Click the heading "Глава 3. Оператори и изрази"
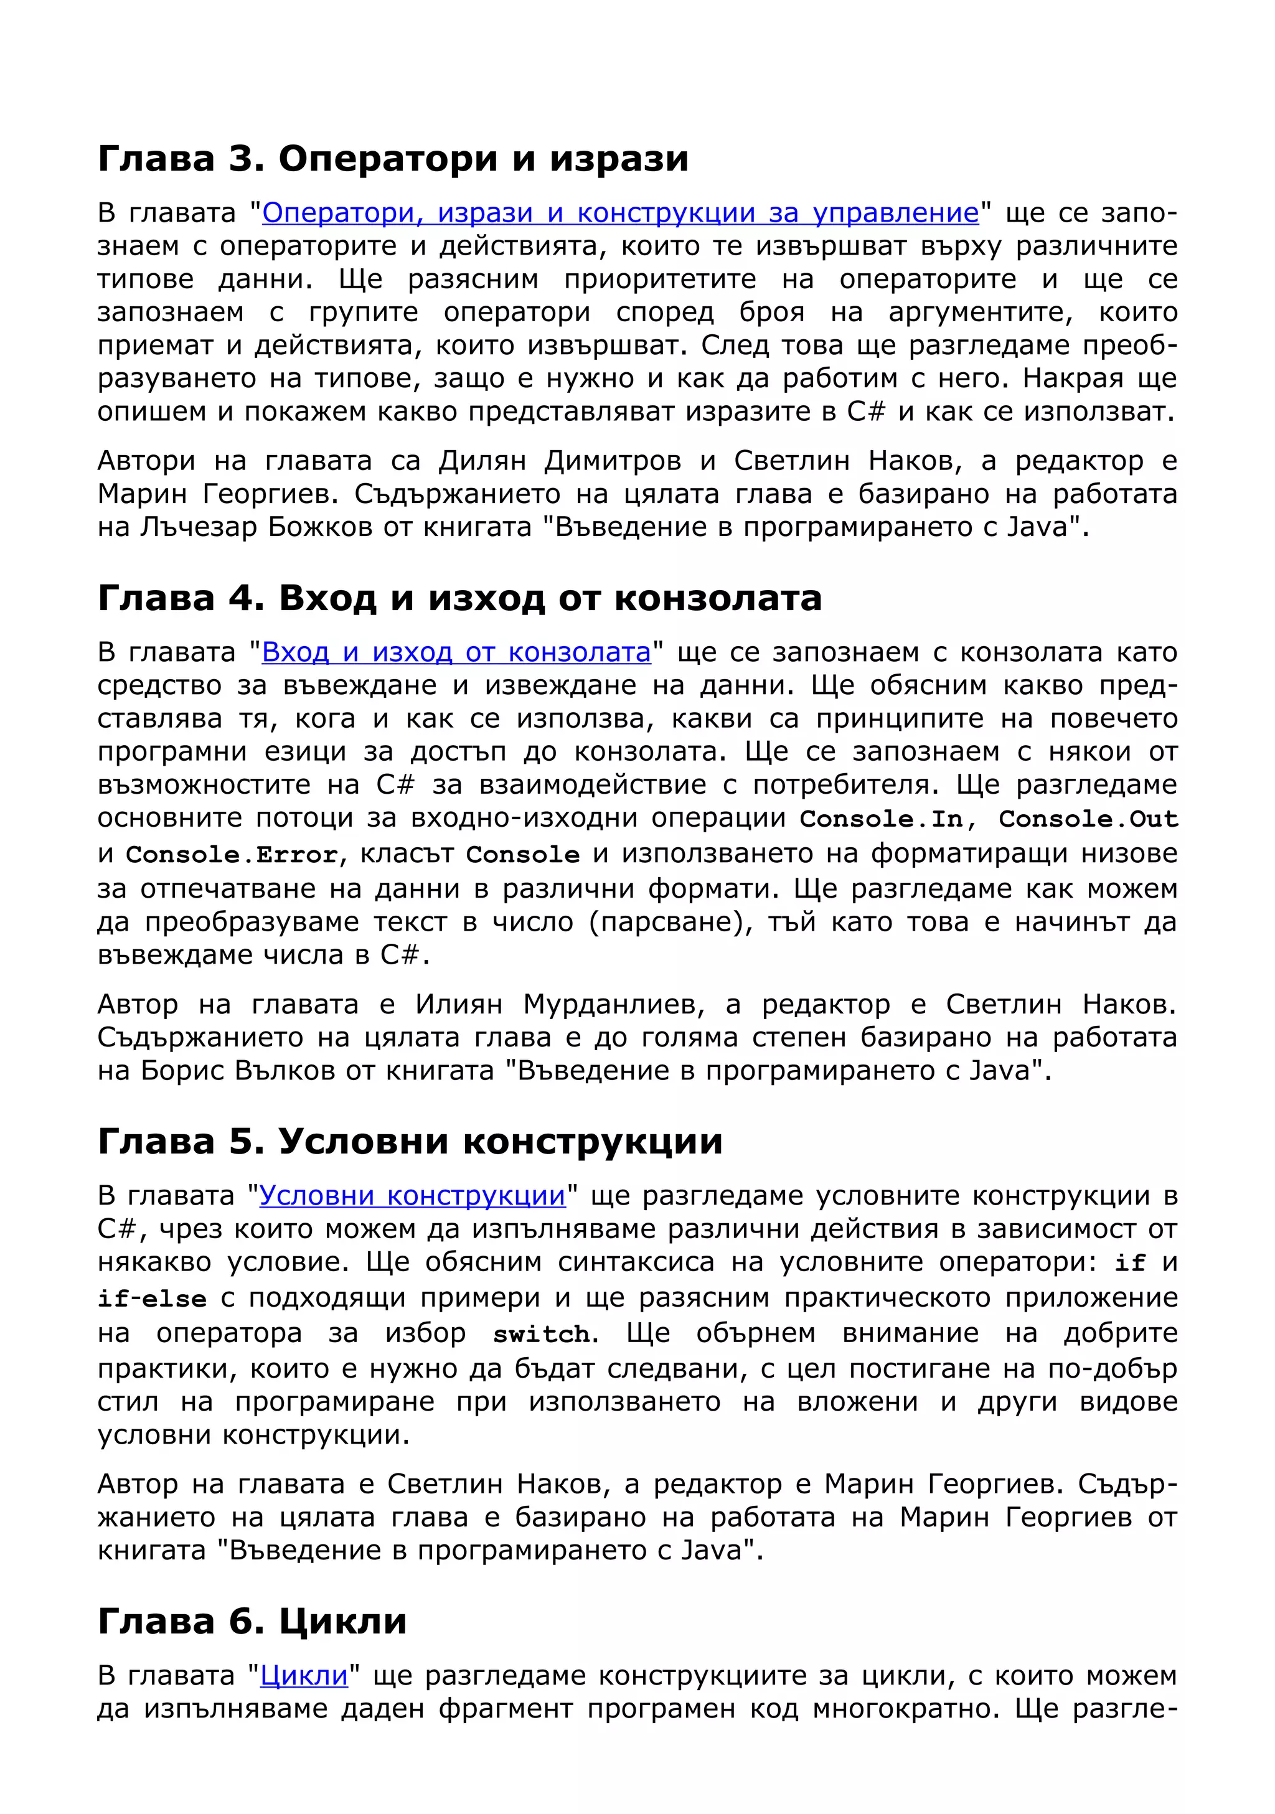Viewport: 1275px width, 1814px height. pos(393,159)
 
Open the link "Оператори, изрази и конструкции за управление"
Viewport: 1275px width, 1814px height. pos(620,214)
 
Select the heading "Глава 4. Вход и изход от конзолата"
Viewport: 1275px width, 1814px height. pos(459,598)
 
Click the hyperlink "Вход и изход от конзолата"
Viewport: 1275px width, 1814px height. pos(456,652)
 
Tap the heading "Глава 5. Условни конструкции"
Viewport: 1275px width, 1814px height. pos(409,1142)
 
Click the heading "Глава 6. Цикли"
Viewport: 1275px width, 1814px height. pos(252,1621)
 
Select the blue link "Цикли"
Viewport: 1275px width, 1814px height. pos(304,1676)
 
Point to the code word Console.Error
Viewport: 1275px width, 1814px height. pos(232,855)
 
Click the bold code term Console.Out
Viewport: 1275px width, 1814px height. pos(1088,819)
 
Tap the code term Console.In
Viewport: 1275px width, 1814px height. pos(882,819)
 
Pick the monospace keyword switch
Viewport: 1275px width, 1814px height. pos(541,1335)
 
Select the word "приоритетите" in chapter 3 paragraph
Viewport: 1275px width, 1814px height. pos(661,280)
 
